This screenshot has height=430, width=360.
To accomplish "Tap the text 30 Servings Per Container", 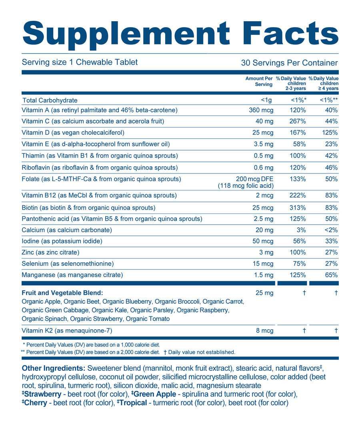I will click(289, 63).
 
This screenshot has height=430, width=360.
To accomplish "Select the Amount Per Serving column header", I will click(259, 82).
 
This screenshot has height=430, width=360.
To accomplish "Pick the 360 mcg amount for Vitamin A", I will click(261, 110).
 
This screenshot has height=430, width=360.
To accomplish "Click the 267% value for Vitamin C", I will click(298, 121).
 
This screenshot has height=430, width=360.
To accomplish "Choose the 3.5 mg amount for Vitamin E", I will click(264, 144).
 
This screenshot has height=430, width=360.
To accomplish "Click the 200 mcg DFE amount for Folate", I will click(255, 179).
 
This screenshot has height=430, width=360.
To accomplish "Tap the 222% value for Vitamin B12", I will click(298, 195).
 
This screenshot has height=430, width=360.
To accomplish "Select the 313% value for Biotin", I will click(298, 208).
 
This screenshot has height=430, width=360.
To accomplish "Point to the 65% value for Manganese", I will click(332, 275).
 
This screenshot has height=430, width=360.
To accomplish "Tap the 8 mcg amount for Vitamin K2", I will click(264, 330).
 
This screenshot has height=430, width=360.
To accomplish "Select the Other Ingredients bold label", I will click(53, 368).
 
